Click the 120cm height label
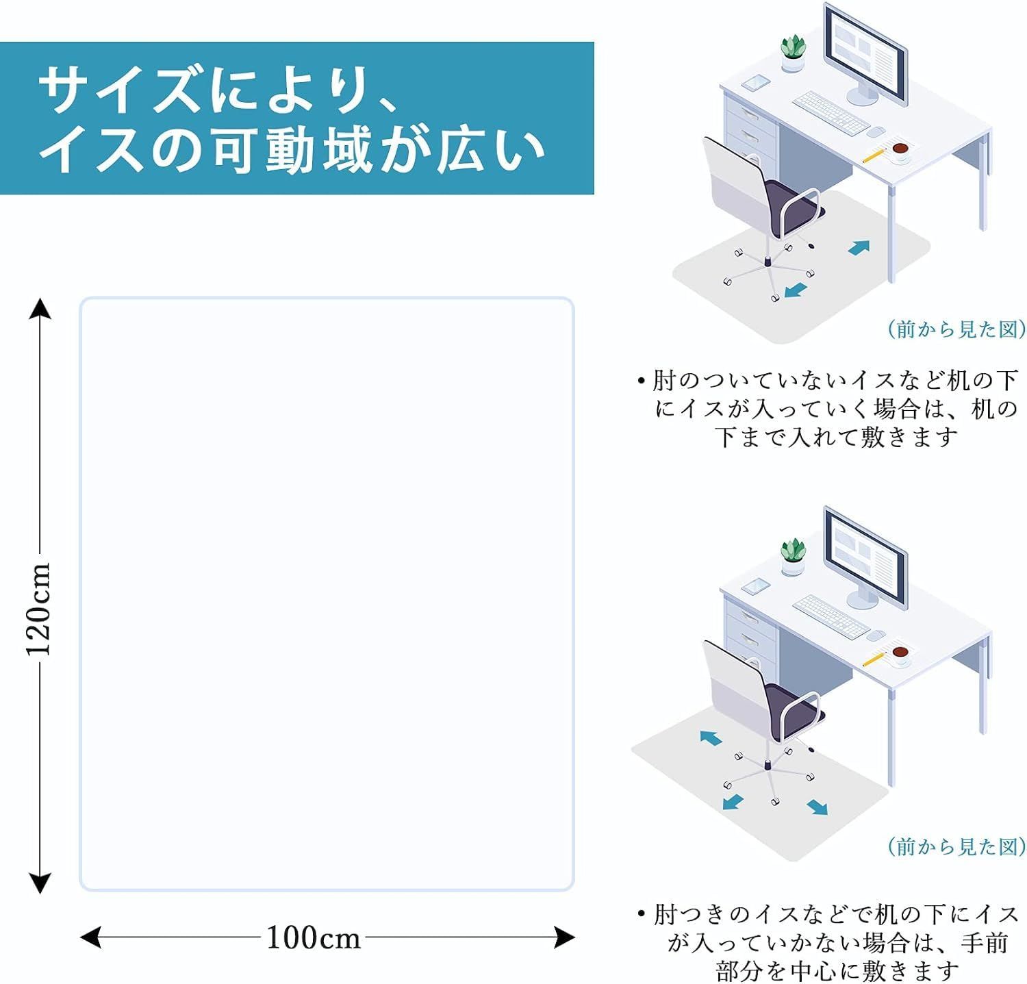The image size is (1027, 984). coord(40,608)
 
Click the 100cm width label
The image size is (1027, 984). coord(313,937)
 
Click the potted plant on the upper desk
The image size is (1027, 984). coord(794,54)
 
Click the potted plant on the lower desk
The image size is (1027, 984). coord(794,556)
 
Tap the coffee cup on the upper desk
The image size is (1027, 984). coord(900,151)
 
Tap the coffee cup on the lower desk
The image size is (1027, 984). coord(900,653)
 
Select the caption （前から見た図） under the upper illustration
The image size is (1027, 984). coord(956,330)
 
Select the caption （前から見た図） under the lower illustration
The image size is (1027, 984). coord(956,847)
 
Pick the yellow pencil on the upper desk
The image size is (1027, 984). coord(873,155)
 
